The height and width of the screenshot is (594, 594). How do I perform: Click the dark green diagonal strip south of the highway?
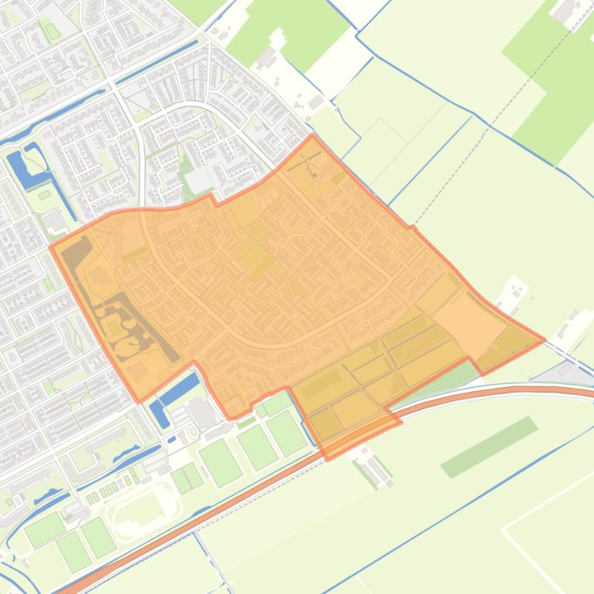488,447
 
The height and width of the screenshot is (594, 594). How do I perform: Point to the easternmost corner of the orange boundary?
545,339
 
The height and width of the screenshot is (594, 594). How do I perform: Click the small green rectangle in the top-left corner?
52,32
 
